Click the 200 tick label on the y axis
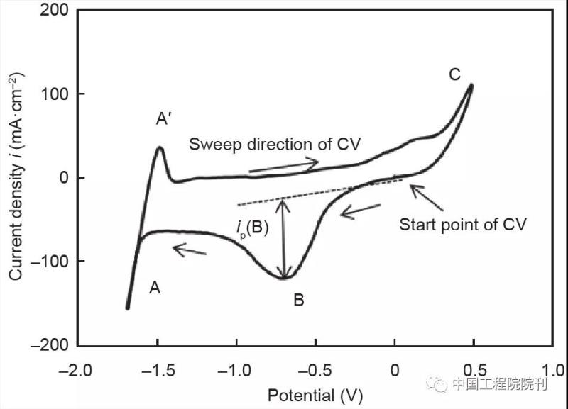(55, 11)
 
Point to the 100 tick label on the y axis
(55, 94)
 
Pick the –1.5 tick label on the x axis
(155, 371)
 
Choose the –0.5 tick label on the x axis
(314, 371)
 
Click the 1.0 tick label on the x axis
(552, 371)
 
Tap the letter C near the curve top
(455, 74)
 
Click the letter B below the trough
(298, 301)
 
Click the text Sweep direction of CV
(275, 145)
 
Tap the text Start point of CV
(462, 225)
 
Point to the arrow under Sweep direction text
(283, 166)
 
